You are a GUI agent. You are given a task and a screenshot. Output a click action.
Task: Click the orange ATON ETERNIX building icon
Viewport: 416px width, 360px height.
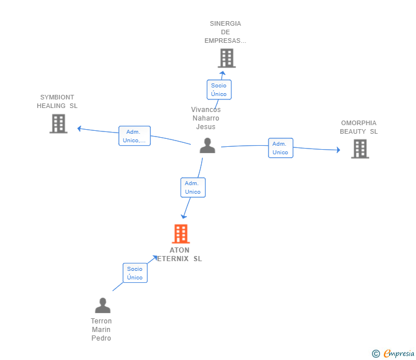click(181, 234)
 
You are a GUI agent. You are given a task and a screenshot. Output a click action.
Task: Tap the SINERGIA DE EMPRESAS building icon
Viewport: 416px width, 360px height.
click(227, 58)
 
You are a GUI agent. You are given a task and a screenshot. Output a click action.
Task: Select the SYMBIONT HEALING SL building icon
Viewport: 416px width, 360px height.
click(58, 123)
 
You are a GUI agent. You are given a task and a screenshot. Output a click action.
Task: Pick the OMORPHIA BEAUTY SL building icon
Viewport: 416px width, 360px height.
click(360, 149)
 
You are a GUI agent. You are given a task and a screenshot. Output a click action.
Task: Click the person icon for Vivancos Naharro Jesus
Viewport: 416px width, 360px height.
click(207, 145)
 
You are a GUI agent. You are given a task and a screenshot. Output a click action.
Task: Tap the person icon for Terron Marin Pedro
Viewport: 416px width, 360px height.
click(103, 305)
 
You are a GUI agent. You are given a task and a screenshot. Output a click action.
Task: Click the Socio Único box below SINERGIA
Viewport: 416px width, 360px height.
click(219, 90)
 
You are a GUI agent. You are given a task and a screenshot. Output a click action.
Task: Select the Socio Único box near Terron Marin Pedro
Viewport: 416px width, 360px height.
click(135, 273)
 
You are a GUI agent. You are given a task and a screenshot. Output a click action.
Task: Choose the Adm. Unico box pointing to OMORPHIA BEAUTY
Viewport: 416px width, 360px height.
click(281, 148)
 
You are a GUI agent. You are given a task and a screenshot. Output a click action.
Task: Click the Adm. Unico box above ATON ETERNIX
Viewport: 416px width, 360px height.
click(193, 187)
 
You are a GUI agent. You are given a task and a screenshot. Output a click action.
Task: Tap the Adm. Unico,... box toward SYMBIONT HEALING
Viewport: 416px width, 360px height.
click(134, 136)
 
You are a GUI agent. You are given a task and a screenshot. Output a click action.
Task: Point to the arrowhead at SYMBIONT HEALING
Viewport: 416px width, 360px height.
click(79, 129)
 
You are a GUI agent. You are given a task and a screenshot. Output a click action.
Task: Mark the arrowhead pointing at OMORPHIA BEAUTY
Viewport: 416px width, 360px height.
click(338, 150)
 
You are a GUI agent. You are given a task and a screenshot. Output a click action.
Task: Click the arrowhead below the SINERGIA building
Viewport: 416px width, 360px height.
click(223, 73)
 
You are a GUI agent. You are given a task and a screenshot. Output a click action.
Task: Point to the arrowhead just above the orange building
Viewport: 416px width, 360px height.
click(183, 217)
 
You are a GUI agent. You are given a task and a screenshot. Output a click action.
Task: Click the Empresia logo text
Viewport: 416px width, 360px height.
click(399, 354)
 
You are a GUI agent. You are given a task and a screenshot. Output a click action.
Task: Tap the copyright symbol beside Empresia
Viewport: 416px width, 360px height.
click(376, 354)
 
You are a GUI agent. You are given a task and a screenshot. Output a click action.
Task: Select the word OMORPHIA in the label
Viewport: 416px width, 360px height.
click(359, 123)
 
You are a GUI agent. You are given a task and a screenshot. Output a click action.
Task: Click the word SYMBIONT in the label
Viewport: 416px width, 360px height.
click(57, 97)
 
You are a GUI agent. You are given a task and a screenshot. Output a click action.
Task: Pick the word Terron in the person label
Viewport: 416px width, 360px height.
click(101, 321)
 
